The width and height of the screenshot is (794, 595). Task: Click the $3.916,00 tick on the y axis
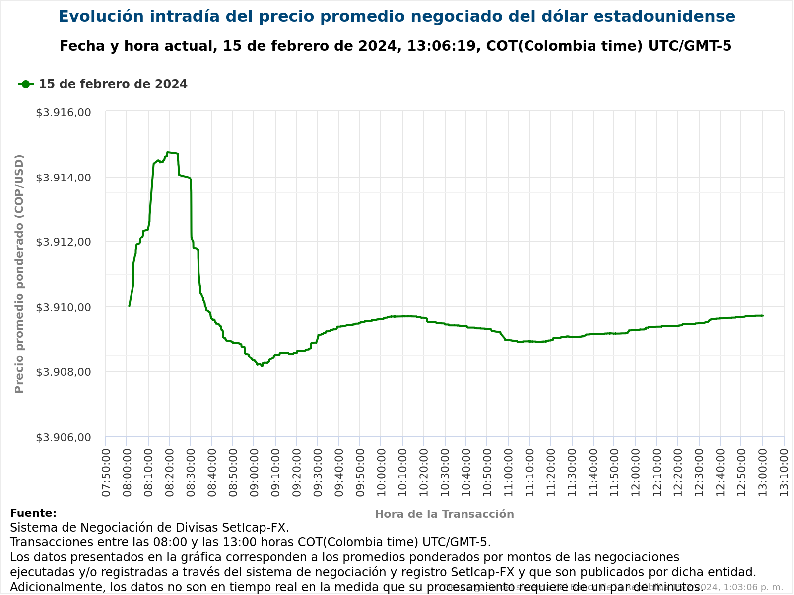pos(64,112)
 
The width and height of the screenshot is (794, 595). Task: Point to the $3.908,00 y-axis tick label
pos(64,372)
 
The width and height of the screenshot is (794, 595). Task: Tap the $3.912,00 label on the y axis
pos(64,242)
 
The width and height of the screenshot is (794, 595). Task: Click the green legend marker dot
pos(26,84)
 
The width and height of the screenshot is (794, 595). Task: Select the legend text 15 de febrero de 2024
pos(113,84)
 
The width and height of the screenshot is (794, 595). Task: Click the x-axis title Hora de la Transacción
pos(444,514)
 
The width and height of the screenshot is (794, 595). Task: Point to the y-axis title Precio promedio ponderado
pos(19,274)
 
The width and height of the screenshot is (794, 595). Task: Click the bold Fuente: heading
pos(33,513)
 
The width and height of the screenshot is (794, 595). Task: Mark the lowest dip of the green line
pos(262,366)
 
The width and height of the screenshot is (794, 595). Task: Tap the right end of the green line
pos(763,315)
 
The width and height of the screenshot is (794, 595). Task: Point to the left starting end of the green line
pos(129,306)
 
